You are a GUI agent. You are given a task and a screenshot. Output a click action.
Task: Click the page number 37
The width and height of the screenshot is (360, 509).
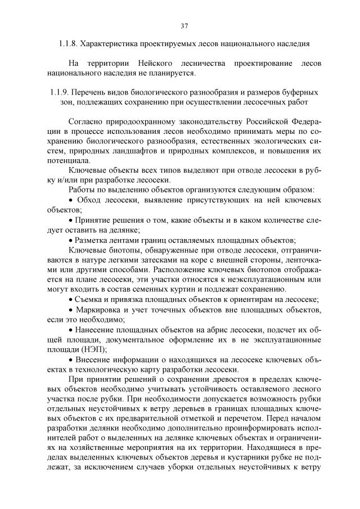[x=184, y=25]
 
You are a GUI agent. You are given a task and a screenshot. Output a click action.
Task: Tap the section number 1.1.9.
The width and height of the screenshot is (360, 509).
[x=60, y=92]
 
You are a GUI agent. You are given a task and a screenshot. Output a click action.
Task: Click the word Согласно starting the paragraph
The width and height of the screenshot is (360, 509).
[x=85, y=121]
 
